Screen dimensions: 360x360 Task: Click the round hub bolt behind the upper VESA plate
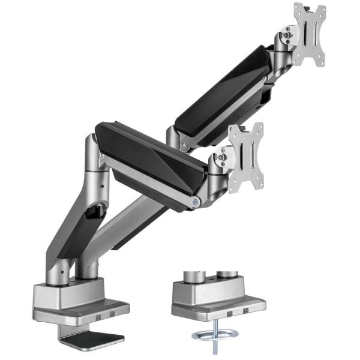coord(287,35)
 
